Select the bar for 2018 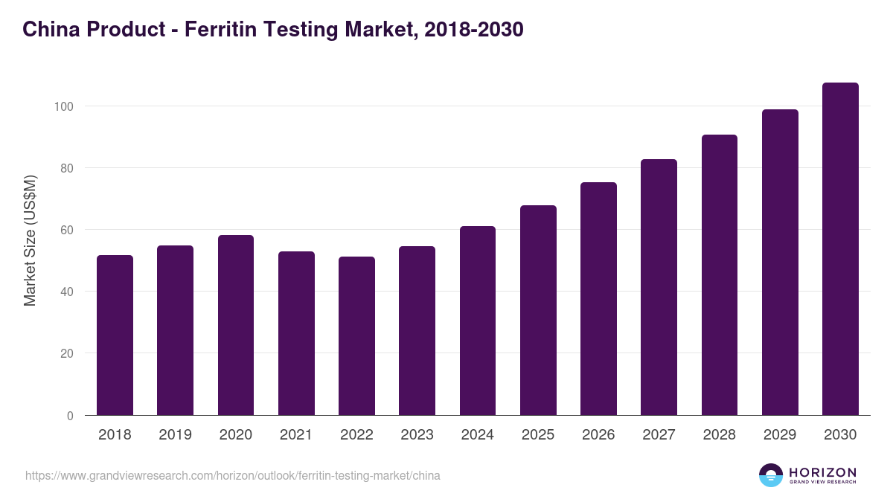(115, 335)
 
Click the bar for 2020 (236, 325)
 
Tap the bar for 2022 (356, 336)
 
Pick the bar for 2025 (538, 310)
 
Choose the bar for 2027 (659, 287)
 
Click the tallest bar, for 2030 (840, 249)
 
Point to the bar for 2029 (780, 263)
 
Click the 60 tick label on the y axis (66, 230)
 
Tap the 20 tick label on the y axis (66, 353)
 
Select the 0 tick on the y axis (70, 416)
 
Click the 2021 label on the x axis (296, 435)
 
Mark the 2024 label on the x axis (478, 435)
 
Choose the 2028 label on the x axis (719, 435)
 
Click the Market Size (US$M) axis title (30, 240)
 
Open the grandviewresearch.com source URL (233, 475)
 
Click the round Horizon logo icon (771, 475)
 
